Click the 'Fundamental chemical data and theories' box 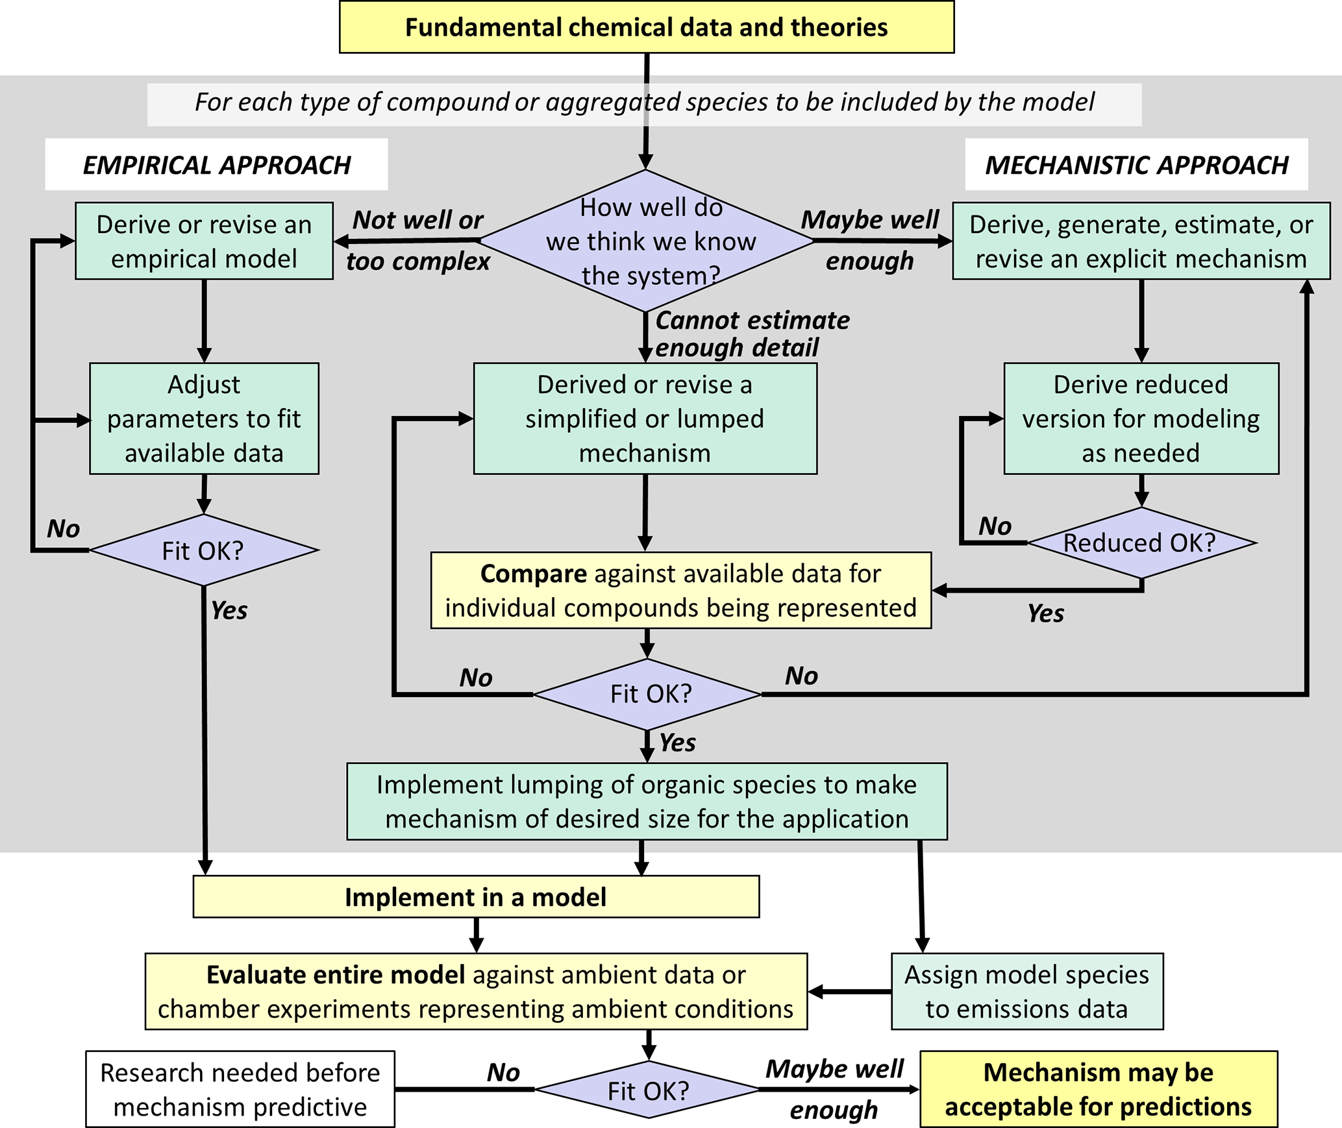[x=647, y=27]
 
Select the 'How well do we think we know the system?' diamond [x=647, y=241]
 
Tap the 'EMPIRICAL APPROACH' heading [x=216, y=165]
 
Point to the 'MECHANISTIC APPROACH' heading [x=1136, y=165]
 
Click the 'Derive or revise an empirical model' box [x=204, y=241]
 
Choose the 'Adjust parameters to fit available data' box [x=204, y=419]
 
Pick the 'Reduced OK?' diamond [x=1141, y=543]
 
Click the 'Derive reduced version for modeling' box [x=1141, y=419]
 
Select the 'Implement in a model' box [x=476, y=897]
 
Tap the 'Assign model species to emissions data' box [x=1026, y=991]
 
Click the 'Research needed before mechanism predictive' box [x=240, y=1090]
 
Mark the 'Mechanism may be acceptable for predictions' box [x=1098, y=1090]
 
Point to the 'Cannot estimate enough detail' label [x=752, y=334]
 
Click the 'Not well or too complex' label [x=418, y=241]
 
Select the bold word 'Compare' [x=533, y=574]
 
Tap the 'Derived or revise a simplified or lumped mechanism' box [x=645, y=419]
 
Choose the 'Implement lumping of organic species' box [x=647, y=802]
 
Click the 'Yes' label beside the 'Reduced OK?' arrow [x=1045, y=613]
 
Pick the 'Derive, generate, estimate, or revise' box [x=1141, y=241]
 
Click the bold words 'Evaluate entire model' [x=335, y=975]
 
